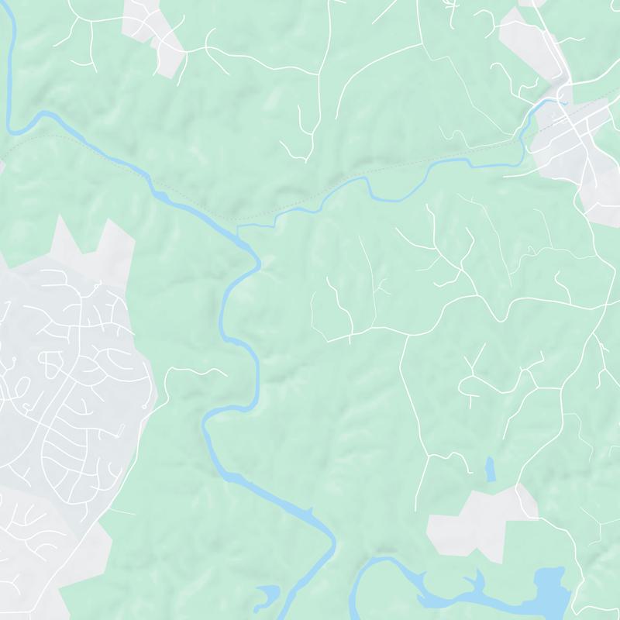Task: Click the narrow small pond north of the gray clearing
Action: (490, 470)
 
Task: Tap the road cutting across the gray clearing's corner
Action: (528, 504)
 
